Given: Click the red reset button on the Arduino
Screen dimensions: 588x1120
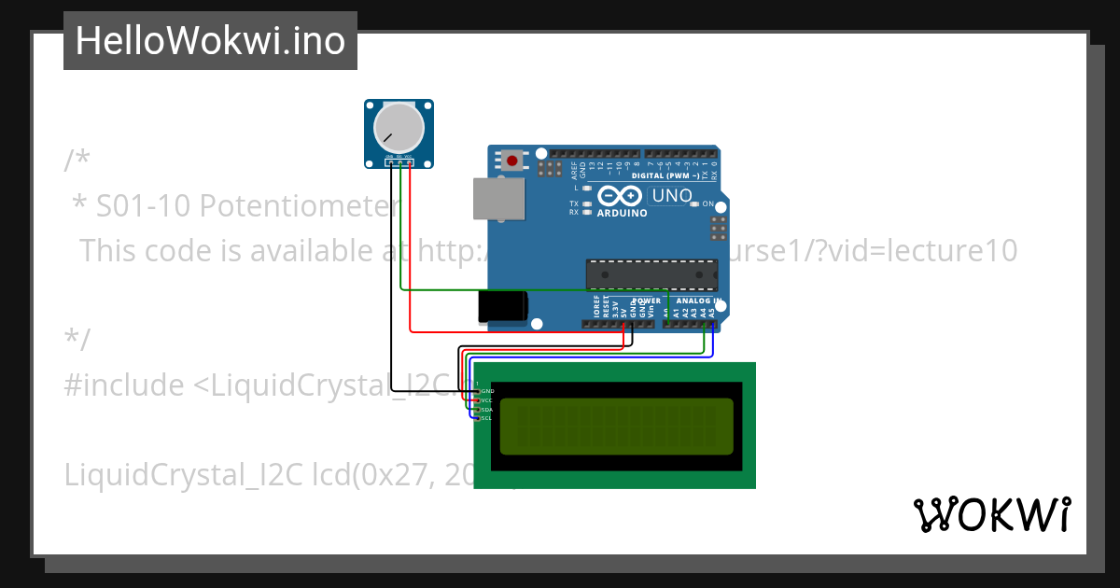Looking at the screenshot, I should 511,161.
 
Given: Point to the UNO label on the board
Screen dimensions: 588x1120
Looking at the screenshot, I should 672,196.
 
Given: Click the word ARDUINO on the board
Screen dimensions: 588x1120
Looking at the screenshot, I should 622,213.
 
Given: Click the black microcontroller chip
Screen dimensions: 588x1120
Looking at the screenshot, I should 651,274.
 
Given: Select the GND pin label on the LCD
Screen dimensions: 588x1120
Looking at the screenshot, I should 486,390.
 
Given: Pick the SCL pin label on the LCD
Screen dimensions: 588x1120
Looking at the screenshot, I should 486,418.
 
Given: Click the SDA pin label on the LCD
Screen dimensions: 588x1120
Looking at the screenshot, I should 486,409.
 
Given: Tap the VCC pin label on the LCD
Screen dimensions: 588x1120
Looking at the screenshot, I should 486,399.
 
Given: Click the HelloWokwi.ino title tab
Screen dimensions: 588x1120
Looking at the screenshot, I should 210,41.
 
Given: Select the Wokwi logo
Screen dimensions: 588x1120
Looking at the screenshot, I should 991,514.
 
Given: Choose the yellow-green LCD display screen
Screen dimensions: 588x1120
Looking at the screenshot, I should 616,426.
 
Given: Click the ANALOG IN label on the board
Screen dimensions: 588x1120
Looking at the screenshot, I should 698,301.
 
